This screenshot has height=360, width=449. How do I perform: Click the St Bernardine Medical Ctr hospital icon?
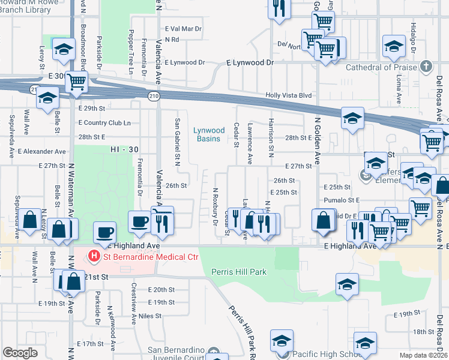[94, 256]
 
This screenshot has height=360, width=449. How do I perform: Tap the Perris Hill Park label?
[238, 272]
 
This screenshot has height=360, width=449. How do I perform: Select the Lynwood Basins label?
[209, 134]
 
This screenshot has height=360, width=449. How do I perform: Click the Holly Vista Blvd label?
[289, 95]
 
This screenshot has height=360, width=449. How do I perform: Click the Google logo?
[20, 352]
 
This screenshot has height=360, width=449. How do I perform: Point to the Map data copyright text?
[424, 355]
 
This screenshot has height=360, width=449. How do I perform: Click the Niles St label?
[150, 316]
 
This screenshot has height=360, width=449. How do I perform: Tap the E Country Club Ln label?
[104, 122]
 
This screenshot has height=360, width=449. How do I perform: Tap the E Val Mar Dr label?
[182, 28]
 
